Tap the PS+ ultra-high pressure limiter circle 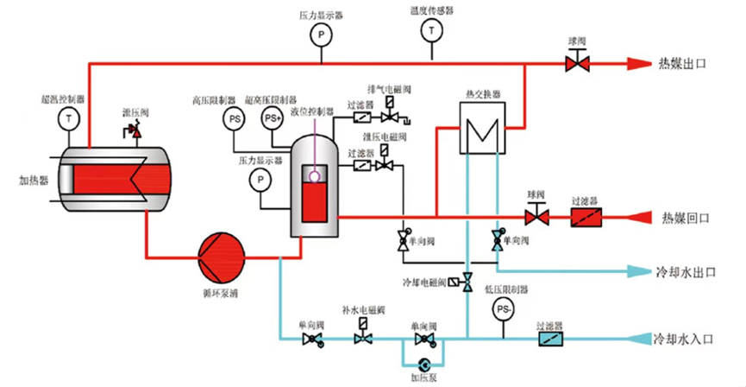[273, 117]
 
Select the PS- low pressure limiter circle [503, 308]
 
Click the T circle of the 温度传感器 [429, 32]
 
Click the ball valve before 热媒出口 [575, 62]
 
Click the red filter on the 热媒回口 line [590, 215]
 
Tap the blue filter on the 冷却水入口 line [548, 339]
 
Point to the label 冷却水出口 [687, 271]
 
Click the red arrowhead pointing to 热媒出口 [637, 62]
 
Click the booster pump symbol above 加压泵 [423, 364]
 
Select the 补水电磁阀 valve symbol [362, 338]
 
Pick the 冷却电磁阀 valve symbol [467, 281]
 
